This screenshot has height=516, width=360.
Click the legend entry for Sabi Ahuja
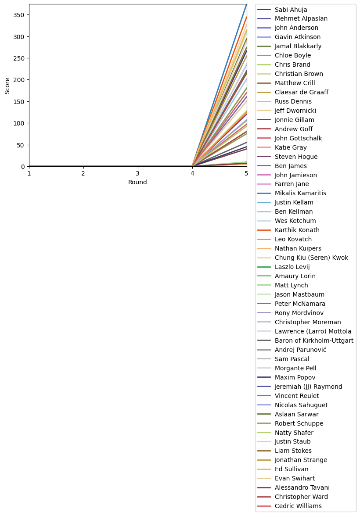(291, 10)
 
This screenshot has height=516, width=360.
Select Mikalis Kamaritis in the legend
(300, 193)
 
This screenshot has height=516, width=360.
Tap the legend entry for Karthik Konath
(297, 230)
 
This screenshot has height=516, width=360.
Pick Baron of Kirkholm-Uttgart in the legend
(314, 341)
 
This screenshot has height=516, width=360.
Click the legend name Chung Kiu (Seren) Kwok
(311, 258)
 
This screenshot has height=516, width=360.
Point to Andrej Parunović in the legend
(300, 350)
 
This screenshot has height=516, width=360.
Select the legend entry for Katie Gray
(291, 148)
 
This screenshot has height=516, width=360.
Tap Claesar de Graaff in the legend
(301, 93)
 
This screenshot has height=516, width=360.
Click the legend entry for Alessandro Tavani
(302, 488)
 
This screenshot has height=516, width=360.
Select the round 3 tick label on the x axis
(138, 174)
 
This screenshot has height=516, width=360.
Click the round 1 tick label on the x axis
(29, 174)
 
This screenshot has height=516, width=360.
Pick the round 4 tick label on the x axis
(192, 174)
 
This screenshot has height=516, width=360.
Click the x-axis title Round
(137, 183)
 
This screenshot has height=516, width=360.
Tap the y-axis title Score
(7, 86)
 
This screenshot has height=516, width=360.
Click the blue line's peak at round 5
(246, 4)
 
